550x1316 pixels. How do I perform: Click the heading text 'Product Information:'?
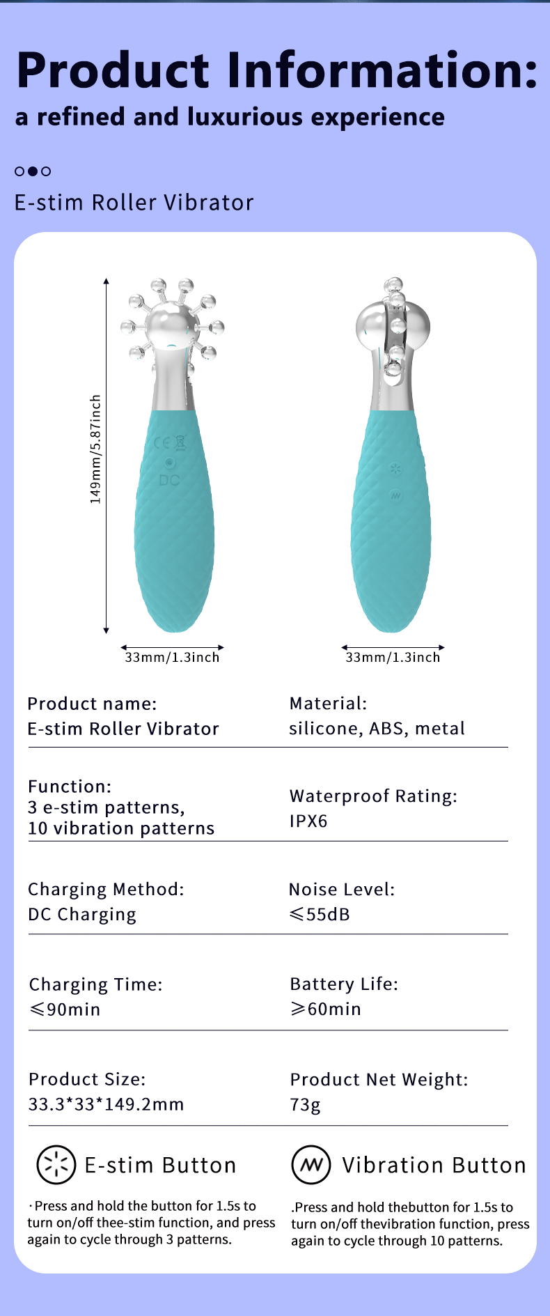[x=277, y=70]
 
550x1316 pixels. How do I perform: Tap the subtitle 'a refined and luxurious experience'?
[x=230, y=117]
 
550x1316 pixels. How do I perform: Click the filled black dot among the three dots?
[x=33, y=171]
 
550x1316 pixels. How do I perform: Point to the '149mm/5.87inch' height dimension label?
[x=95, y=449]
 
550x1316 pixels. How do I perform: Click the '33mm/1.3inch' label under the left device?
[x=172, y=657]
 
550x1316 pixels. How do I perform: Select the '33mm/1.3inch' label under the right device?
[x=393, y=657]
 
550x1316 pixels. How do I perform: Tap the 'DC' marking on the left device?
[x=169, y=480]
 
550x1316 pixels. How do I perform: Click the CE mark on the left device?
[x=162, y=443]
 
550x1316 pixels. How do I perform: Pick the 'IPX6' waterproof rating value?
[x=308, y=821]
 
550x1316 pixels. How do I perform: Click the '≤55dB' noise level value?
[x=320, y=914]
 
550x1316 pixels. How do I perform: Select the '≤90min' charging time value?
[x=65, y=1009]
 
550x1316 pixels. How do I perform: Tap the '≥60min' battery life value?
[x=326, y=1009]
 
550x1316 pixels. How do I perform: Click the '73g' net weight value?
[x=306, y=1105]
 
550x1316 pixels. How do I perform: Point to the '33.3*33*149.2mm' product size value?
[x=106, y=1104]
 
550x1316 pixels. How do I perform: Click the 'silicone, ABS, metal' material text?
[x=377, y=729]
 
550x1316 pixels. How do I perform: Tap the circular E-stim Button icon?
[x=56, y=1165]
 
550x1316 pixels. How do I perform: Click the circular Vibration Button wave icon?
[x=311, y=1165]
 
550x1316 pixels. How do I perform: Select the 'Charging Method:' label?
[x=106, y=890]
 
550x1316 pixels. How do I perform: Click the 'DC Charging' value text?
[x=82, y=915]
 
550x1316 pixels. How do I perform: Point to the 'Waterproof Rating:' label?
[x=373, y=796]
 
